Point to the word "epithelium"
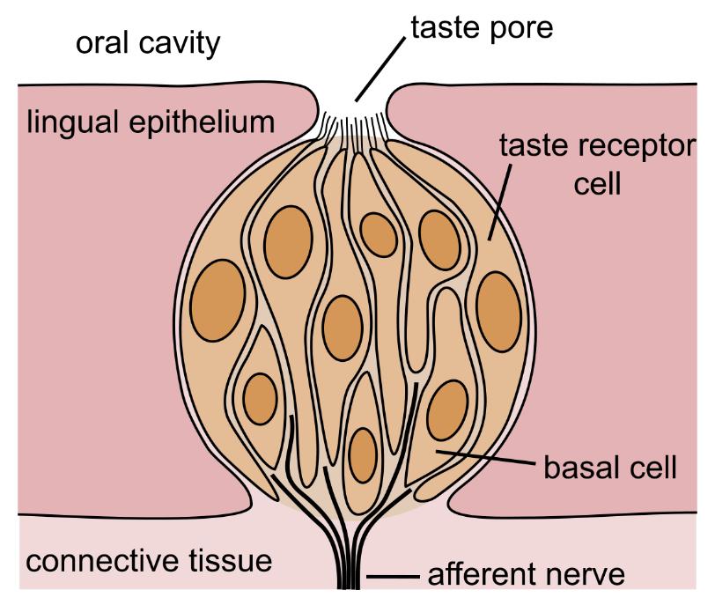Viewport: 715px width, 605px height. [214, 122]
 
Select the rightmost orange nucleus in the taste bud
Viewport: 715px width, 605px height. [498, 301]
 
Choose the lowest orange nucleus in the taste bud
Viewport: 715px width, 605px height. [363, 454]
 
